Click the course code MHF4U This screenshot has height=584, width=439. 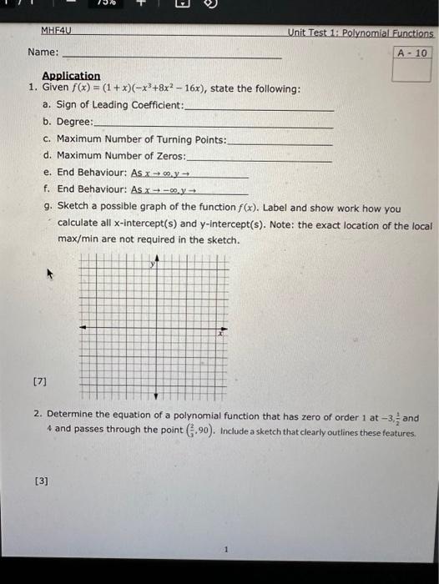(58, 31)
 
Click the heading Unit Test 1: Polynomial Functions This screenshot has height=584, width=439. (361, 33)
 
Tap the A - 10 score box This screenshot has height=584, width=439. (412, 53)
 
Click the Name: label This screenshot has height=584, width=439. (43, 52)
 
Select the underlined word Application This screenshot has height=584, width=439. (71, 76)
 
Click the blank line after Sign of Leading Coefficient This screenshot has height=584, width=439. (258, 108)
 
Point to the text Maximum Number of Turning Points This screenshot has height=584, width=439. (141, 138)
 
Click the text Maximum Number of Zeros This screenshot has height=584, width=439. (122, 155)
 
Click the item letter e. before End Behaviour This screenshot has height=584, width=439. (47, 172)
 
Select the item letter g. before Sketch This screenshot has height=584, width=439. (49, 207)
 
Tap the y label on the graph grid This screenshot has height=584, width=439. (152, 264)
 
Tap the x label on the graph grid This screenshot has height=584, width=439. (221, 332)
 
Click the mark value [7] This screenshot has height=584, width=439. (40, 380)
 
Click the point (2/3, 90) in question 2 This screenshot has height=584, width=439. (199, 430)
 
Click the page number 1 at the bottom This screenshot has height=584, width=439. (225, 549)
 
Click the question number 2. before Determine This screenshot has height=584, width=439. (38, 413)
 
